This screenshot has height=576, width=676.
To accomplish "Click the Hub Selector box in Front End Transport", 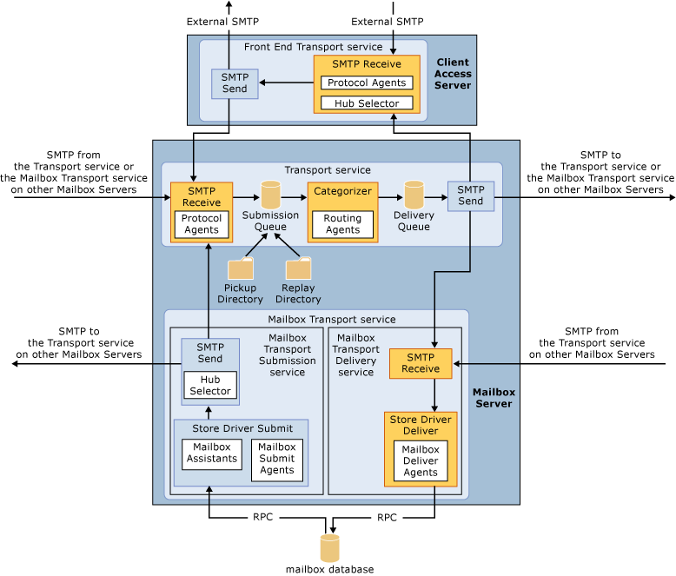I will [366, 103].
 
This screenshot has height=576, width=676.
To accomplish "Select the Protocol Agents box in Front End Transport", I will [366, 83].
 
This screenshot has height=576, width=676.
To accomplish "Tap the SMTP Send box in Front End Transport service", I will [235, 83].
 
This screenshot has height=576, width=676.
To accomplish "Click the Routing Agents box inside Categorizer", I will [342, 224].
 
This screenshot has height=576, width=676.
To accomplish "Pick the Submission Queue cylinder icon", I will [270, 194].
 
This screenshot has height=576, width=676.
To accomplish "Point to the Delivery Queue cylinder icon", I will [414, 195].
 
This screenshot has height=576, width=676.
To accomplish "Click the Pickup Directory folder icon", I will [240, 268].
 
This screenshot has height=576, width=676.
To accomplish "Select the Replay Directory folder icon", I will [298, 268].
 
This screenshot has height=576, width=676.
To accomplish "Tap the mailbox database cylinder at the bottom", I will [330, 547].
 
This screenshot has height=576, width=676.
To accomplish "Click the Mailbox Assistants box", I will [211, 453].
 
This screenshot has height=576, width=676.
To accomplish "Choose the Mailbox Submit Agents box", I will [277, 459].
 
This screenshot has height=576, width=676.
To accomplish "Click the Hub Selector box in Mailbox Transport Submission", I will [210, 385].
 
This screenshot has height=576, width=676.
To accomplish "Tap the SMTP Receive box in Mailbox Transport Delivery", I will [421, 362].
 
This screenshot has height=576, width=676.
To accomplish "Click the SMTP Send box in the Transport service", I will [471, 195].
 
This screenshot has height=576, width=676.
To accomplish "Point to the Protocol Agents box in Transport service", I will [202, 224].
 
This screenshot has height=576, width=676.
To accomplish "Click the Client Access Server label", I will [454, 74].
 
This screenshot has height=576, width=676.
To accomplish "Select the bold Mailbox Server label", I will [494, 398].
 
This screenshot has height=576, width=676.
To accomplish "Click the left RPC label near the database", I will [262, 517].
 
